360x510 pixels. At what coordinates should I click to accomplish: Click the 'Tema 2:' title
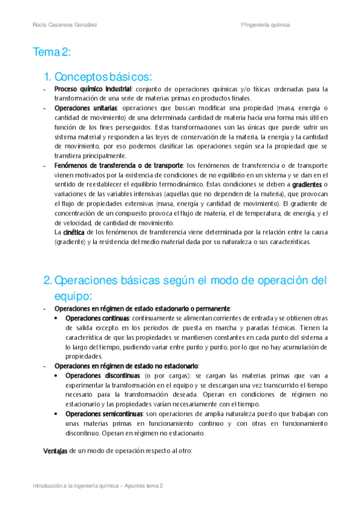click(52, 53)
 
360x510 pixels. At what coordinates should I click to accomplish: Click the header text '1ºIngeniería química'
click(264, 25)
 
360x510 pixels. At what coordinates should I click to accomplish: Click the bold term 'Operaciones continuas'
click(97, 318)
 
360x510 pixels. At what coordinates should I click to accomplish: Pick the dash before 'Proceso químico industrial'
click(46, 89)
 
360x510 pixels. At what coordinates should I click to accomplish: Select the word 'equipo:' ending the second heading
click(72, 295)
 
